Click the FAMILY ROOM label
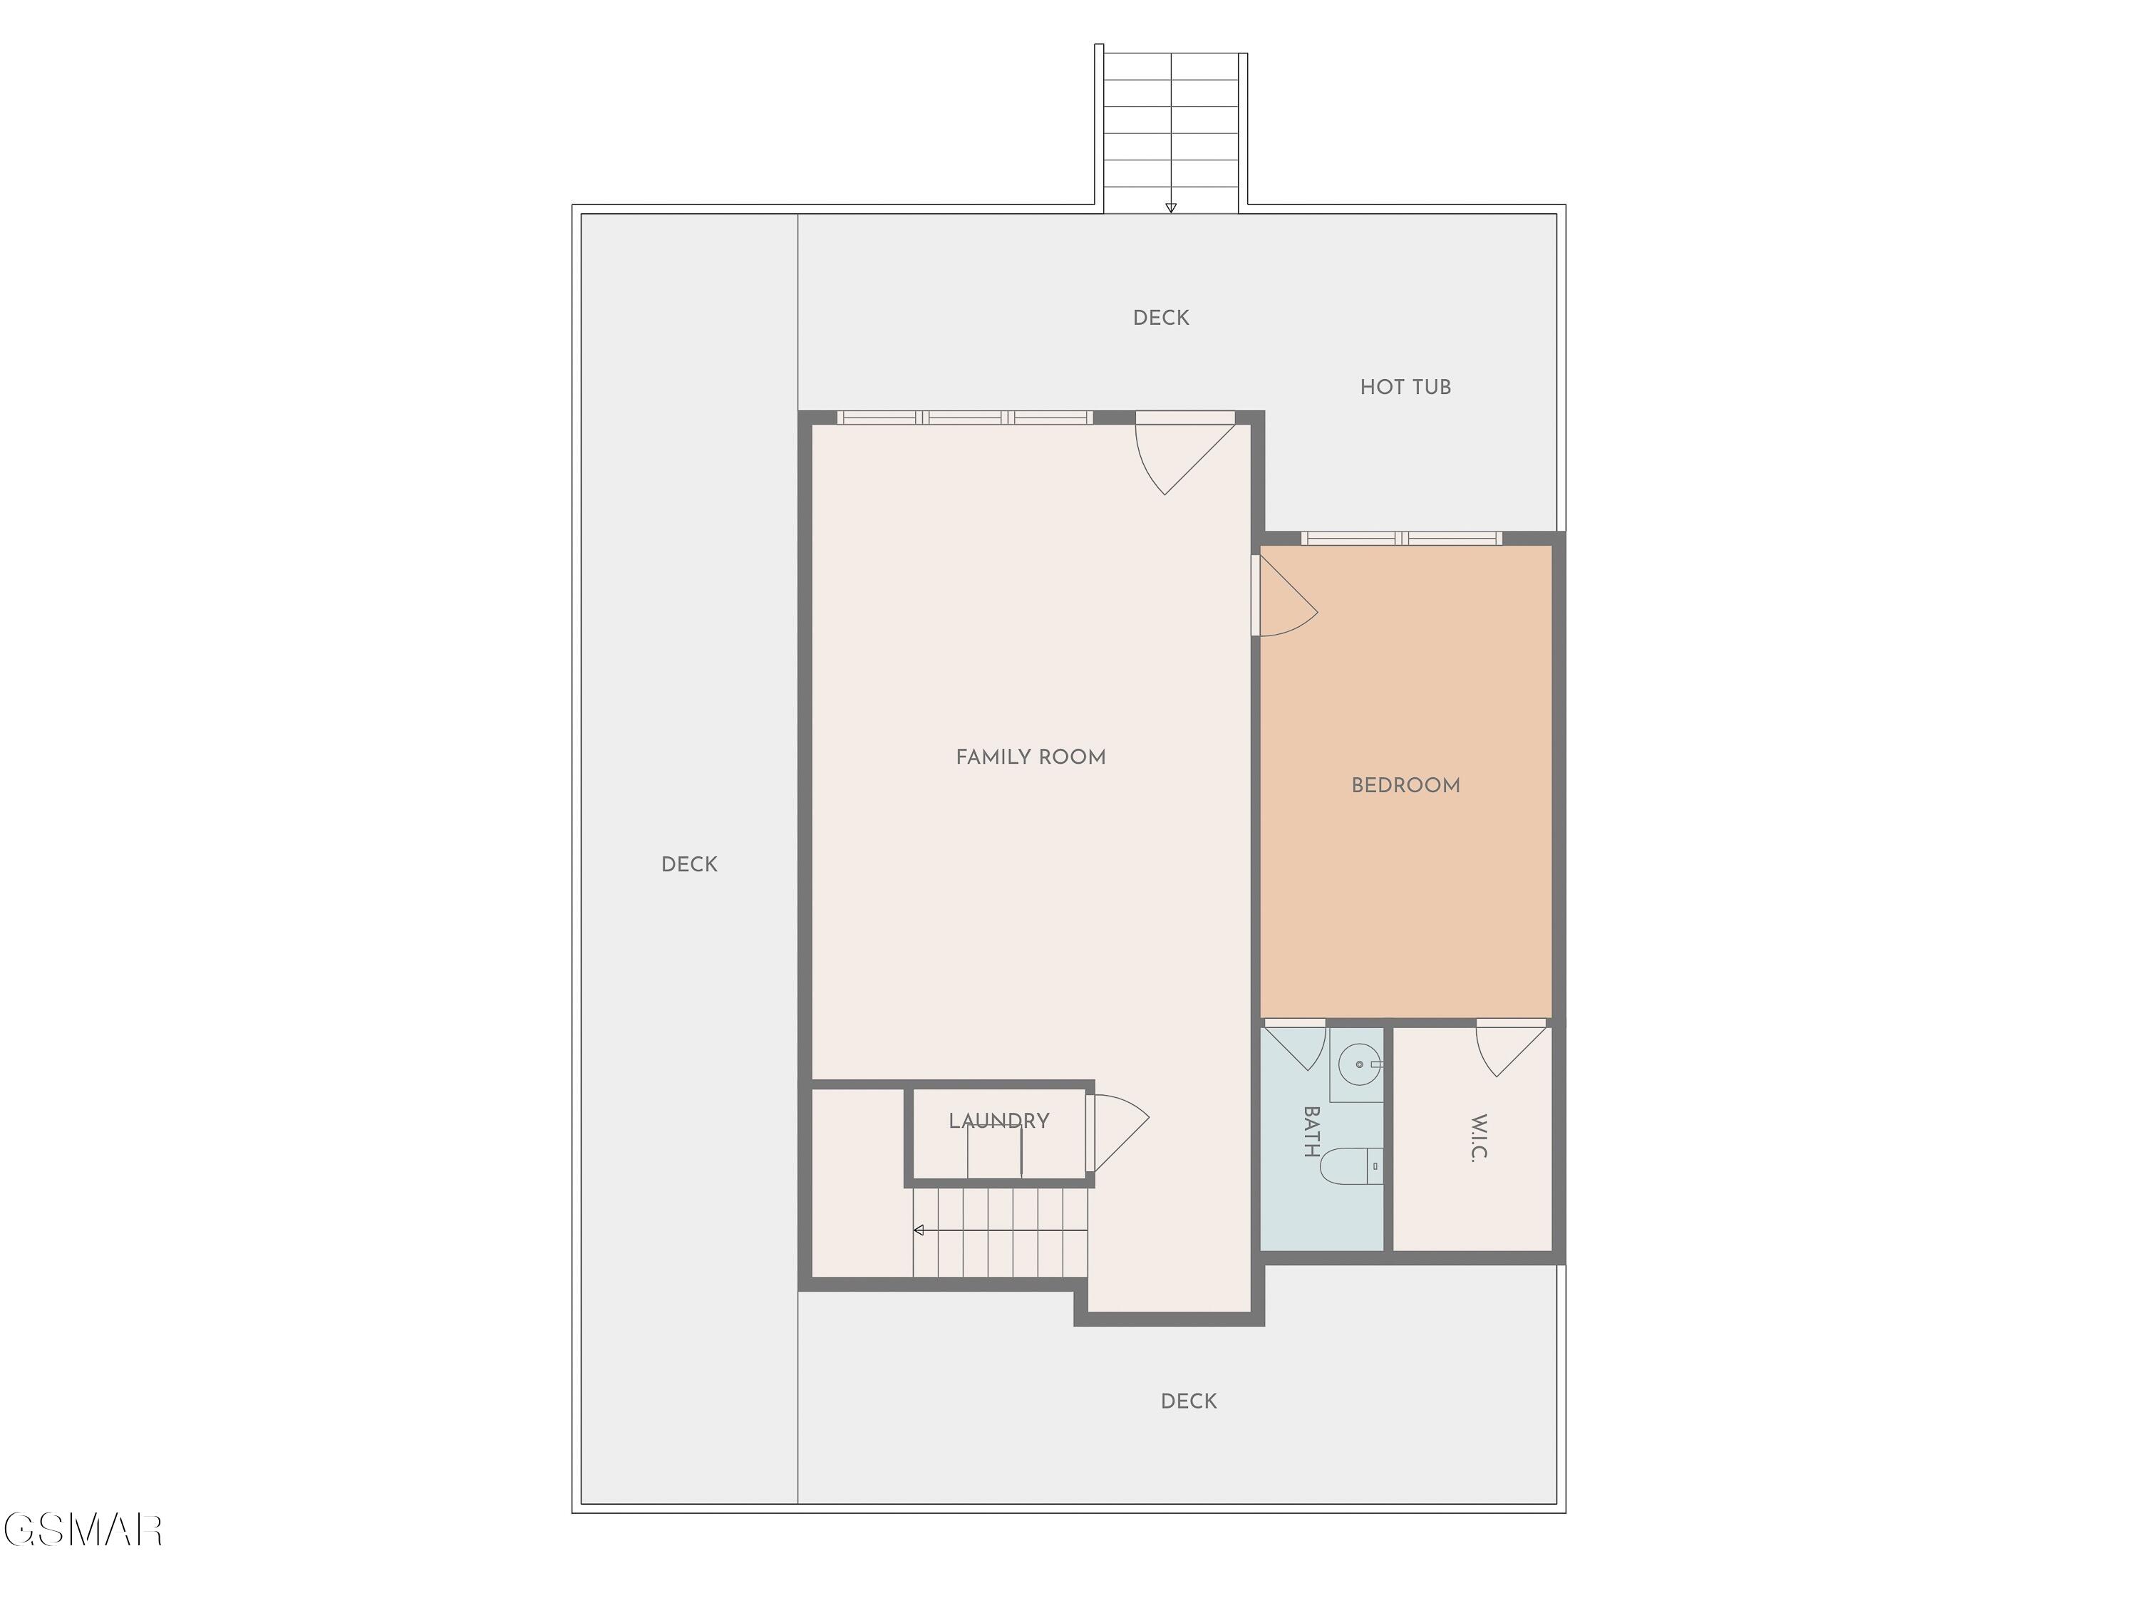pos(1031,757)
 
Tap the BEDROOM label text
pos(1405,786)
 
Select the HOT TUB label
pos(1405,388)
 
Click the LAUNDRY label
pos(998,1121)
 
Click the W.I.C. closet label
pos(1479,1138)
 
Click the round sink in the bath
pos(1359,1064)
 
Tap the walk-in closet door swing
pos(1508,1049)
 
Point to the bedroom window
pos(1402,538)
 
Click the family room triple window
pos(965,417)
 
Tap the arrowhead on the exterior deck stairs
pos(1170,208)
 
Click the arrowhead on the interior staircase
pos(918,1230)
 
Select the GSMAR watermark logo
pos(83,1530)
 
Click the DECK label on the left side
pos(689,865)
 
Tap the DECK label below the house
pos(1188,1401)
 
